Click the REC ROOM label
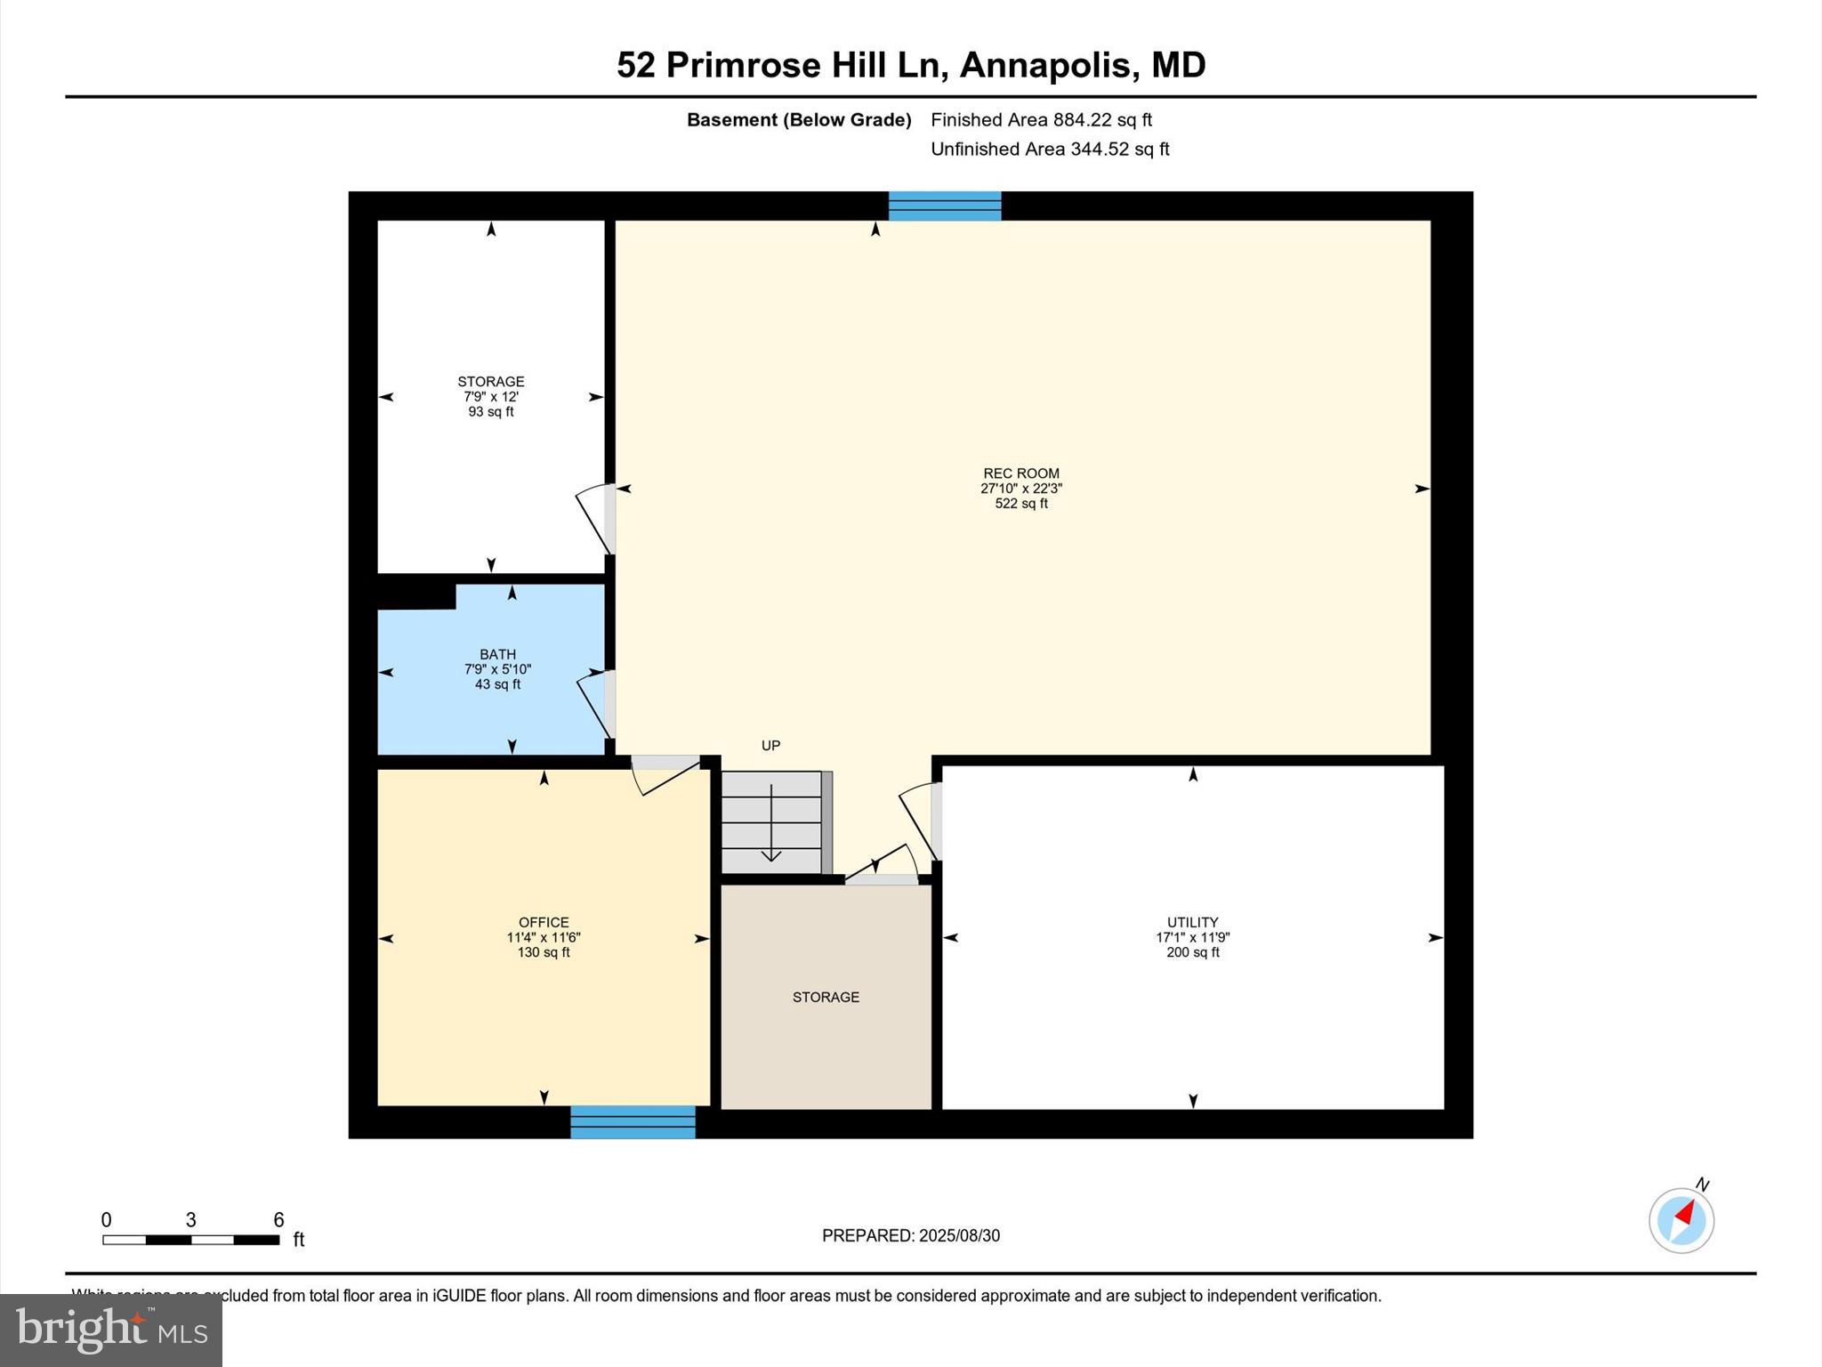(1020, 473)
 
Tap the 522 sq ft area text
(1020, 504)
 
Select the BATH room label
(497, 654)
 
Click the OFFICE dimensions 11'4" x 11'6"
(544, 937)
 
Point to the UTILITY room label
(1192, 922)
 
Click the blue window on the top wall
(945, 206)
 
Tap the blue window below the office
(633, 1121)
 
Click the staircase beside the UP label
(772, 822)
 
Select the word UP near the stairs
(770, 746)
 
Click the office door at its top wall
(665, 772)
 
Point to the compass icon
(1681, 1220)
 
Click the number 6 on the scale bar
(278, 1220)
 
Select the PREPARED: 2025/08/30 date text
(910, 1235)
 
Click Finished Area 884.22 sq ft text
(1041, 119)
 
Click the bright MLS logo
(111, 1330)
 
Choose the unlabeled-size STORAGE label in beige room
(826, 997)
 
